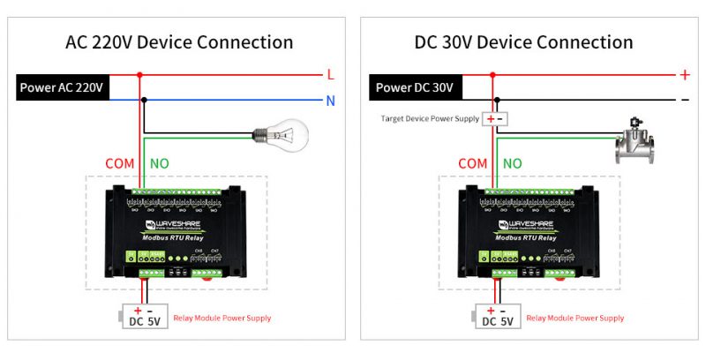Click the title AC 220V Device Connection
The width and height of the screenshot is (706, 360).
coord(179,42)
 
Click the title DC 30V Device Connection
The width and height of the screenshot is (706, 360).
coord(523,42)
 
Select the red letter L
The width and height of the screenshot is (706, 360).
coord(330,76)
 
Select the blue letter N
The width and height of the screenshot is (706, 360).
coord(330,101)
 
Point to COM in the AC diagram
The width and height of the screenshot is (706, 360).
coord(120,163)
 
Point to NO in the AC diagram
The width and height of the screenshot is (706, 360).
coord(160,163)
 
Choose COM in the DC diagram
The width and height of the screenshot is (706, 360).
coord(472,163)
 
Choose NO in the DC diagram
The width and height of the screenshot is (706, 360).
coord(513,163)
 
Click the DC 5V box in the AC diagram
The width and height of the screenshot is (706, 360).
coord(143,316)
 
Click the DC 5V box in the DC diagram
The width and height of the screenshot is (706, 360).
coord(496,316)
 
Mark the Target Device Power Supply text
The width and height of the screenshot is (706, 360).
coord(430,118)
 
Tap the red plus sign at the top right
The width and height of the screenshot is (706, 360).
coord(684,76)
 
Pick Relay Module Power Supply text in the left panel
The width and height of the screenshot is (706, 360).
coord(222,318)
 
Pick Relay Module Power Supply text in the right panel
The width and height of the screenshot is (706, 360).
coord(575,318)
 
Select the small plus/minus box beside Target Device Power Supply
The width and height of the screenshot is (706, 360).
coord(495,118)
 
